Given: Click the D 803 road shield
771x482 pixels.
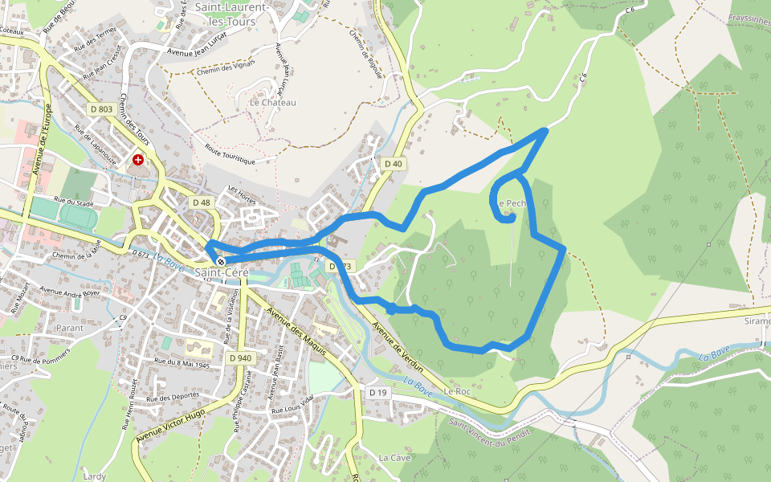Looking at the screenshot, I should pos(101,108).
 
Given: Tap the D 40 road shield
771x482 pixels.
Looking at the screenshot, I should pos(393,164).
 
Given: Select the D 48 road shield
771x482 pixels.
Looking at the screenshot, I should pos(201,202).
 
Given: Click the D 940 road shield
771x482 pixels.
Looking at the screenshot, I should pos(240,357).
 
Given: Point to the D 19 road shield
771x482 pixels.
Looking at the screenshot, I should pos(378,392).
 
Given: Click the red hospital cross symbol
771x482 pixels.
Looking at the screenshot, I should pos(139,161).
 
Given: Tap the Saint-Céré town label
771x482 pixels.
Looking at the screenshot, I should pos(222,273).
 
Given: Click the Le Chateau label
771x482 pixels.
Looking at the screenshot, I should pos(273,103).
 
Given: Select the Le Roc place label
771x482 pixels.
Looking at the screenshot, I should pos(457,391).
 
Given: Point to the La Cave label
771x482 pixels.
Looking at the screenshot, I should pos(394,457).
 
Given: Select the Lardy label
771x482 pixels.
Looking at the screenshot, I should pos(94,476).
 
